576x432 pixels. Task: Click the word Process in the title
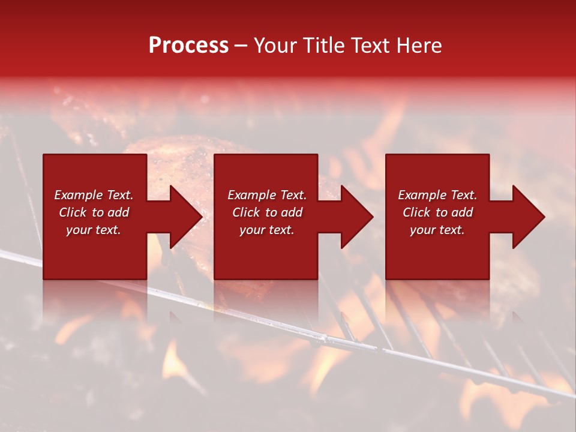(x=188, y=46)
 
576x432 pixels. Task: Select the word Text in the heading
(x=370, y=46)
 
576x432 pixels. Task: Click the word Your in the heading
(x=277, y=46)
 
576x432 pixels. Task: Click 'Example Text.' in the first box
(x=94, y=195)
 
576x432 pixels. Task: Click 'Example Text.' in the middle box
(x=267, y=195)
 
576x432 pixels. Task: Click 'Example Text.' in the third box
(x=437, y=195)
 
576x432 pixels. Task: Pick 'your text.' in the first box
(x=94, y=230)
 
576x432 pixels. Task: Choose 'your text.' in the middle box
(x=267, y=230)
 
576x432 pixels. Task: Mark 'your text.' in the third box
(x=437, y=230)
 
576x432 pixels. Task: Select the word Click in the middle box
(x=246, y=212)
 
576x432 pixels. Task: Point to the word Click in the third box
(x=416, y=212)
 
